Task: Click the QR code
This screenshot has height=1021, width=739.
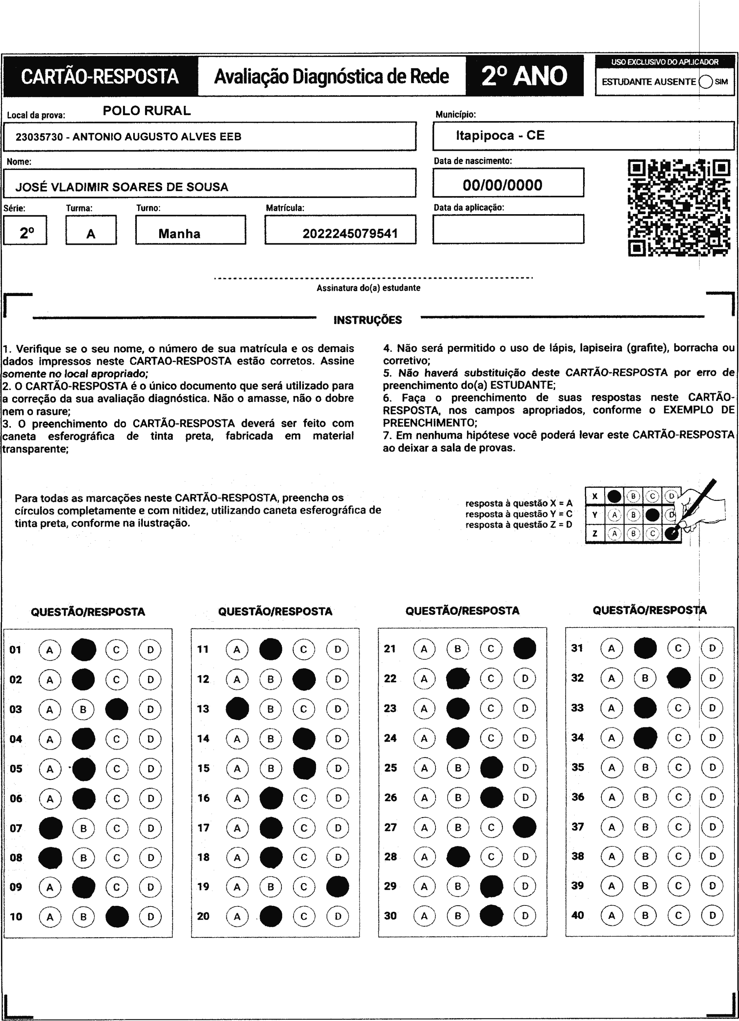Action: point(678,208)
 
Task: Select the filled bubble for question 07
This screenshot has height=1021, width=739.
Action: point(50,828)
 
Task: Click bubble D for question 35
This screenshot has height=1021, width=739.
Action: point(712,767)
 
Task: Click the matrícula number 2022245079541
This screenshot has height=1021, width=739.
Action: point(350,234)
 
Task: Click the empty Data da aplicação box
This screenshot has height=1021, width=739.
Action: point(508,229)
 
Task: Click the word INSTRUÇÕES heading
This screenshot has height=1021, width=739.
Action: point(368,320)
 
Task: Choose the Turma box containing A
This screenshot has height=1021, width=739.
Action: point(91,230)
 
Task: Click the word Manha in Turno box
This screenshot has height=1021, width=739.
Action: point(179,234)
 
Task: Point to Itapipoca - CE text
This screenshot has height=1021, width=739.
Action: point(500,136)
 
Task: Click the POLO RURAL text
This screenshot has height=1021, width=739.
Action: point(147,111)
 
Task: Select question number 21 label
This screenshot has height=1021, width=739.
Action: point(390,649)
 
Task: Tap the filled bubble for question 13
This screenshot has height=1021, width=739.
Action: point(237,708)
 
